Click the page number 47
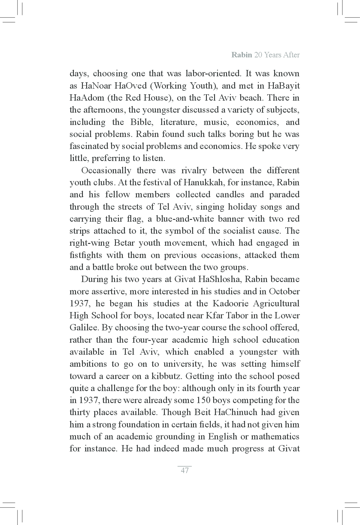(x=185, y=470)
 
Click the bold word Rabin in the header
(x=241, y=55)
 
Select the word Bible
(x=142, y=122)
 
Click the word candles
(x=228, y=195)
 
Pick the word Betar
(x=126, y=243)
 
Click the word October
(x=284, y=291)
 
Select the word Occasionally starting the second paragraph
(x=106, y=171)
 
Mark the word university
(x=183, y=364)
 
